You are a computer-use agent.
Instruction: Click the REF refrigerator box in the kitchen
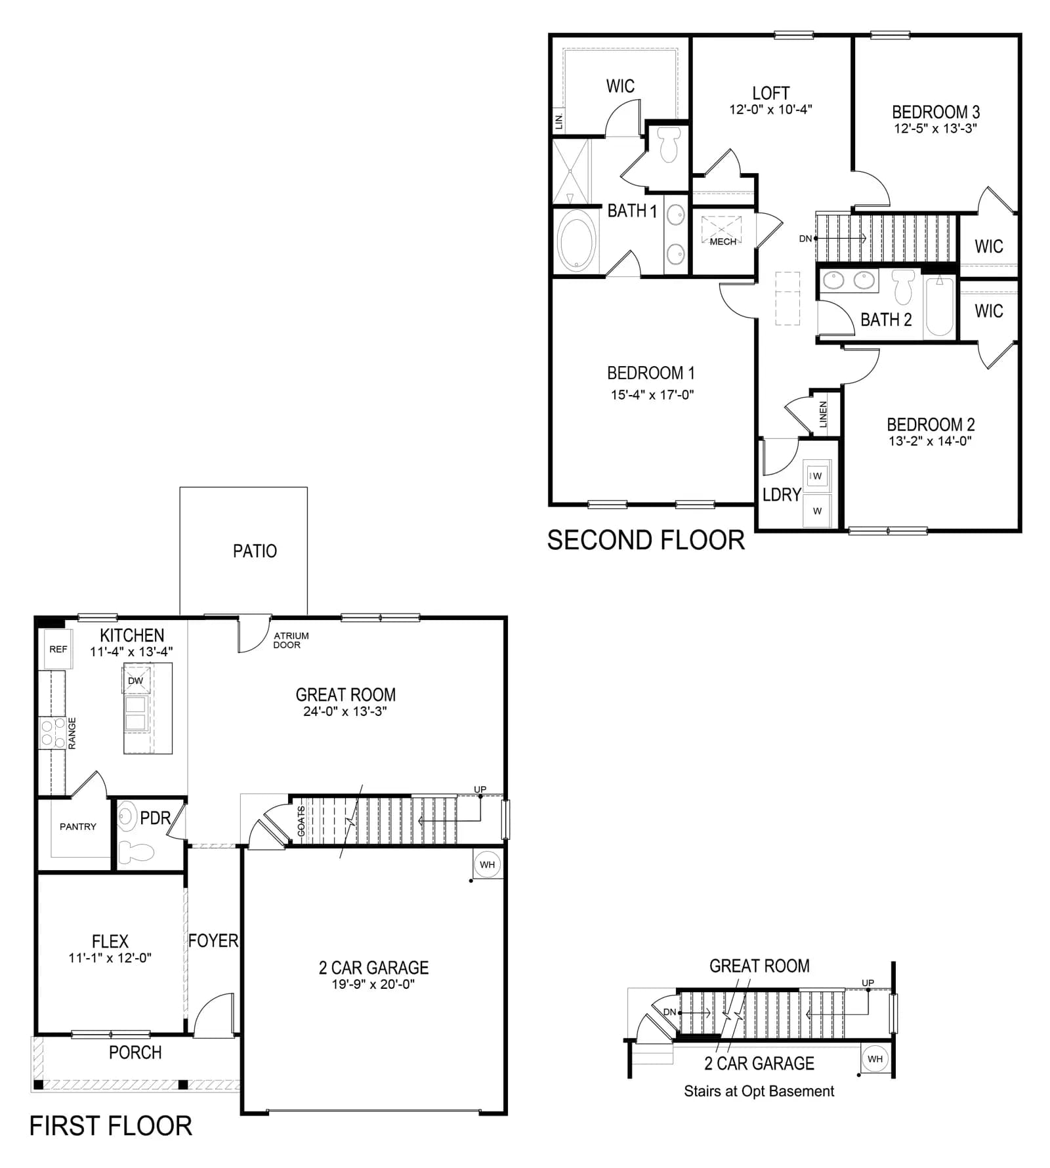pos(58,649)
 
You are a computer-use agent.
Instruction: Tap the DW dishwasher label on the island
pos(135,680)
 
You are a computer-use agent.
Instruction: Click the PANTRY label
pos(78,827)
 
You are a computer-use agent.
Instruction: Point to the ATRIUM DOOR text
pos(291,640)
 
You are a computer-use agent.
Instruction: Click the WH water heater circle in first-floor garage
pos(487,864)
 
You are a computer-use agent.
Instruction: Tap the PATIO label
pos(255,551)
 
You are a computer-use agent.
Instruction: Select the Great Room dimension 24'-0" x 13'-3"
pos(345,711)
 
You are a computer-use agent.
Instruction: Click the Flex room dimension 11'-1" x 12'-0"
pos(110,958)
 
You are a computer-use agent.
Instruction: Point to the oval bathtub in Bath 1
pos(577,241)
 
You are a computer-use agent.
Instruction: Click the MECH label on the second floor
pos(723,242)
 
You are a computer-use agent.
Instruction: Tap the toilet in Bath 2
pos(904,287)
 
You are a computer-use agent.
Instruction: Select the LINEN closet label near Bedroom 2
pos(823,414)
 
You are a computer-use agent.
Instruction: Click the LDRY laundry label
pos(782,495)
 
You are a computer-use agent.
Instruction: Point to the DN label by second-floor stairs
pos(805,239)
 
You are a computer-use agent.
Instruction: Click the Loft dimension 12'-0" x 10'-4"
pos(770,110)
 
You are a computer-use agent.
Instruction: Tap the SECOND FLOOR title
pos(646,541)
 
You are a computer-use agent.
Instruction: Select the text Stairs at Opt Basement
pos(759,1091)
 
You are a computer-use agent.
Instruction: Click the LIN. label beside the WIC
pos(559,121)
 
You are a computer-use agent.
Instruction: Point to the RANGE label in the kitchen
pos(72,733)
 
